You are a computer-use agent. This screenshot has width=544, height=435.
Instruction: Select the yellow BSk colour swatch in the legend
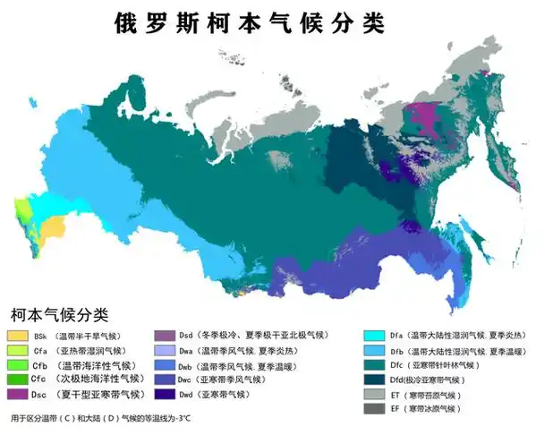click(18, 336)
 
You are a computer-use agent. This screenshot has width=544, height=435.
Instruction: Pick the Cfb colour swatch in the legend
click(18, 365)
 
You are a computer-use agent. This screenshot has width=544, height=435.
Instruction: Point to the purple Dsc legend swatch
click(18, 394)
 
